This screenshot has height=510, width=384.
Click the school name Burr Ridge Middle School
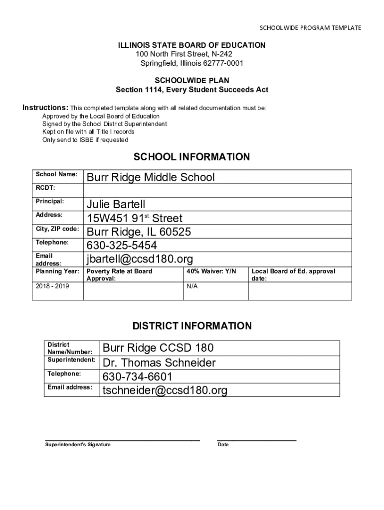coord(151,177)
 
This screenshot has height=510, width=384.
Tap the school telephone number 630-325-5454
coord(122,246)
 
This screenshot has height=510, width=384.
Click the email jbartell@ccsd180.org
coord(140,259)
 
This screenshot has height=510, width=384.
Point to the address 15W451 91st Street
coord(135,218)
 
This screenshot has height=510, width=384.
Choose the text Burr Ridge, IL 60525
coord(139,232)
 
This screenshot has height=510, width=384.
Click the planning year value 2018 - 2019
coord(52,286)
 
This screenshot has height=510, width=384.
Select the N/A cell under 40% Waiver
coord(192,286)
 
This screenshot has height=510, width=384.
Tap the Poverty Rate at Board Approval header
coord(120,275)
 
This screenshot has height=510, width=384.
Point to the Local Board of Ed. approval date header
coord(294,275)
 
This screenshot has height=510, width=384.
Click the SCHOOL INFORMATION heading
coord(192,157)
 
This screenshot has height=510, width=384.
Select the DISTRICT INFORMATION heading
coord(192,326)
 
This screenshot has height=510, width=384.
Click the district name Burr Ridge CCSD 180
coord(158,348)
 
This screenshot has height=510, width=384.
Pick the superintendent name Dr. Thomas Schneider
coord(159,363)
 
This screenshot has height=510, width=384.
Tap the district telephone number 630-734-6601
coord(137,377)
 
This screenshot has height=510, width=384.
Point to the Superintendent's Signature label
coord(78,444)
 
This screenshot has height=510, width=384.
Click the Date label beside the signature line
coord(223,444)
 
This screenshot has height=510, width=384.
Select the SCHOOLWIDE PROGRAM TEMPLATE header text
coord(310,28)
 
